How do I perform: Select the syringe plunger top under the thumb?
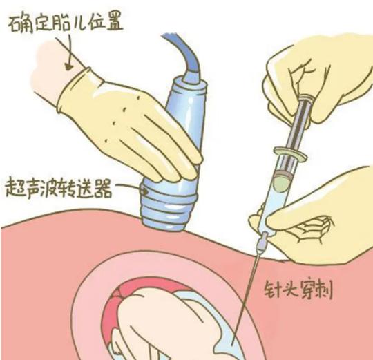pos(309,104)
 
